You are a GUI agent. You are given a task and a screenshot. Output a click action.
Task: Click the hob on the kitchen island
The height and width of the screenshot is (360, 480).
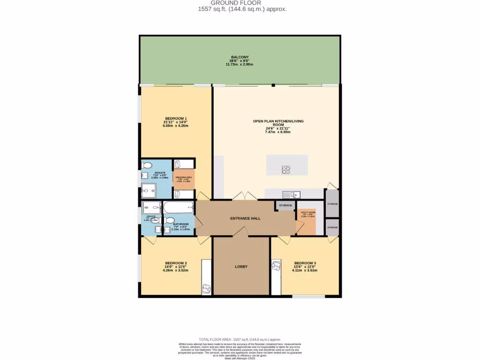pos(286,170)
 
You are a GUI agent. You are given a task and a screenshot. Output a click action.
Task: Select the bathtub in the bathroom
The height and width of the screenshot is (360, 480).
pos(178,207)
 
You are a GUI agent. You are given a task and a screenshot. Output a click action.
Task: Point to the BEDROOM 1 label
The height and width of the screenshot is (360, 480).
pos(176,118)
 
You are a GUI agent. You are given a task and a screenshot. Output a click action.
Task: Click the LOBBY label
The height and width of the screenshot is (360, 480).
pos(241,267)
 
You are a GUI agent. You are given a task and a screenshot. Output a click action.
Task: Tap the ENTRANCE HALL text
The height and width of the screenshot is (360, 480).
pos(245,218)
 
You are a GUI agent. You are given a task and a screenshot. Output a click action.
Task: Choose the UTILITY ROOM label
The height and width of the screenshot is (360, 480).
pos(308,212)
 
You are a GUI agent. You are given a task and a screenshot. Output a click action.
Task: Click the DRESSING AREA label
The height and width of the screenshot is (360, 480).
pos(183,177)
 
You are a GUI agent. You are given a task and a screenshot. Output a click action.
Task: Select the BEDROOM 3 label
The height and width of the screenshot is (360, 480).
pos(305,263)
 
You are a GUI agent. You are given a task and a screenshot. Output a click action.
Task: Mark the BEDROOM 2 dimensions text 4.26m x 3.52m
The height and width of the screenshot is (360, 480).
pos(175,270)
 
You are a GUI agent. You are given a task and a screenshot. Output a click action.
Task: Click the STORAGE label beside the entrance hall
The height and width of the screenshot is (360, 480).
pos(285,205)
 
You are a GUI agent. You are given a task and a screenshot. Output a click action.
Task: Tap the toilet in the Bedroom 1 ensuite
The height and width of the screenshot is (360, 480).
pos(147,165)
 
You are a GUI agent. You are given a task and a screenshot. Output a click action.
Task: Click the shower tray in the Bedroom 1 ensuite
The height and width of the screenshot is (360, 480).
pos(150,190)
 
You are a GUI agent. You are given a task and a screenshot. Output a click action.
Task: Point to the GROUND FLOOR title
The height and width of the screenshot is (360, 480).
pos(239,3)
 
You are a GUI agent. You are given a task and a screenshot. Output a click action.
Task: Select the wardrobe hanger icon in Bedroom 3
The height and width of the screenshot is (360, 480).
pos(275,267)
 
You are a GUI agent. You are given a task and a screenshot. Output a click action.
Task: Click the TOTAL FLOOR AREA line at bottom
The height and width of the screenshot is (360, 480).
pos(240,339)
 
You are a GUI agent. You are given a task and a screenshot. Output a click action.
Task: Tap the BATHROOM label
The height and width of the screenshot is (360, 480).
pos(180,224)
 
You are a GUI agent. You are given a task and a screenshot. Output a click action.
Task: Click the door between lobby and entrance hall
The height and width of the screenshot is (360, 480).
pos(241,231)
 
